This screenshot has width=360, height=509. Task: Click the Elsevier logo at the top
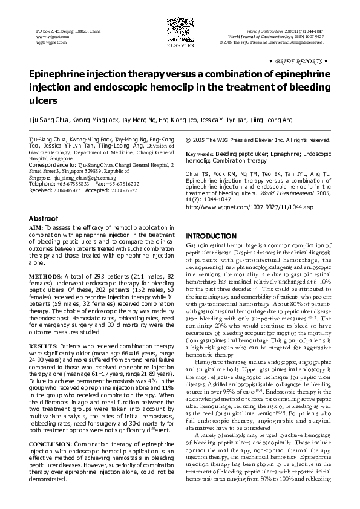[179, 32]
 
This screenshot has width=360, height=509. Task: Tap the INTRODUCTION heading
[211, 235]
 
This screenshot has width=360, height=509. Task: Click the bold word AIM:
[36, 228]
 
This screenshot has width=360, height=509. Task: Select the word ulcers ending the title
[43, 100]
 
